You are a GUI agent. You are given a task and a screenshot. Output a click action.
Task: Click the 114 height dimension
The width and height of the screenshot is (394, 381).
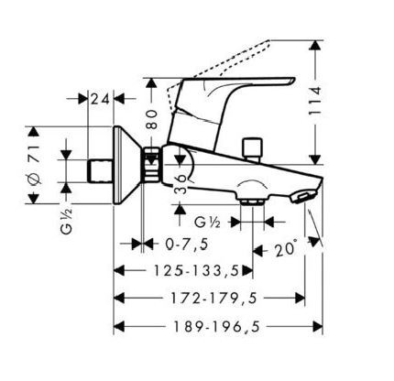[314, 101]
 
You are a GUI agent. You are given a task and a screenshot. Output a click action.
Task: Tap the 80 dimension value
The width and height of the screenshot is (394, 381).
[151, 119]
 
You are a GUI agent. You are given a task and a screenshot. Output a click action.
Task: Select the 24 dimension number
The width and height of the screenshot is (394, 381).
[100, 99]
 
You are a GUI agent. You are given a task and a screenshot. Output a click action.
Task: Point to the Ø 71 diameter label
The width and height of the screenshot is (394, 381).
[34, 165]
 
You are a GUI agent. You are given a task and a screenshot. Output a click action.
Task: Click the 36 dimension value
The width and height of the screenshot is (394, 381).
[181, 184]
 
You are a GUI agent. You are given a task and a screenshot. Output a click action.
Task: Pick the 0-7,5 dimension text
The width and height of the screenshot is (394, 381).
[187, 244]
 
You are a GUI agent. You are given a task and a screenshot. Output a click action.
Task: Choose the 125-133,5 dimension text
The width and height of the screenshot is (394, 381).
[196, 270]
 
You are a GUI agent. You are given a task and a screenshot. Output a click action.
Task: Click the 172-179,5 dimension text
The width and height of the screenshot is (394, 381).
[213, 299]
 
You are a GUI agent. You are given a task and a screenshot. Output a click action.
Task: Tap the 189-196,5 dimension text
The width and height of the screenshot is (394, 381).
[217, 327]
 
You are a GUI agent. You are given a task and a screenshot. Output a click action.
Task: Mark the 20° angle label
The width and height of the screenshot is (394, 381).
[286, 249]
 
